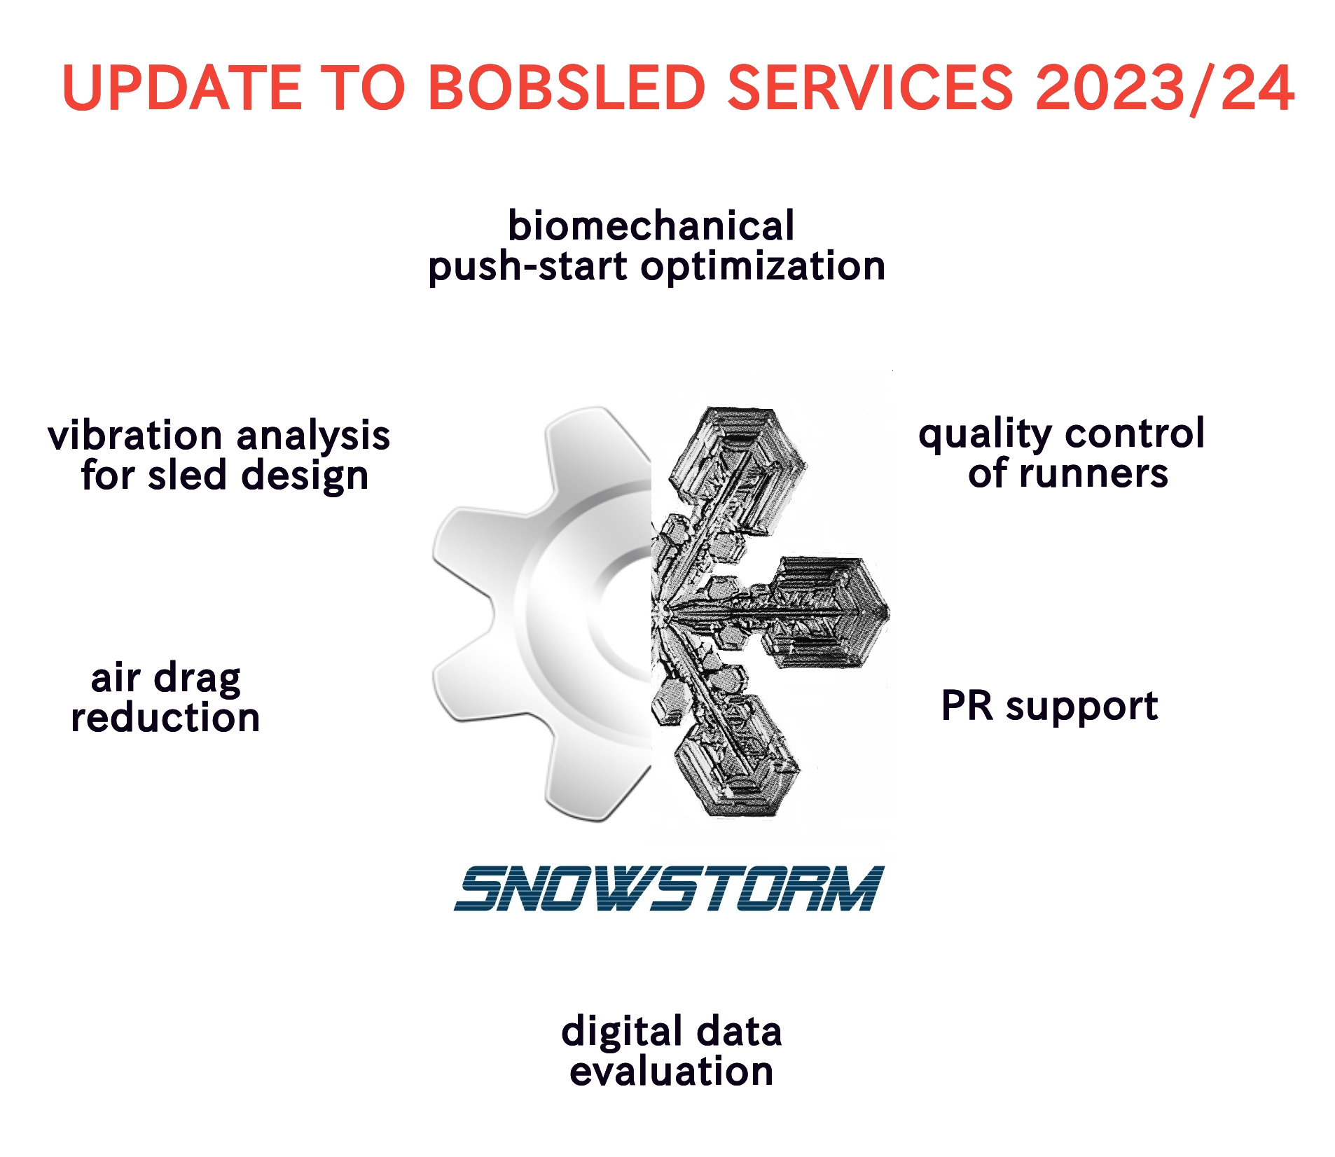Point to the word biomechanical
(651, 226)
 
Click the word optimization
(763, 267)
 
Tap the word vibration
(135, 436)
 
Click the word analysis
(314, 437)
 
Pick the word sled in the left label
(187, 475)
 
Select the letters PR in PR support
(967, 705)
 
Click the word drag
(198, 679)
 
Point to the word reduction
(165, 718)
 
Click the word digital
(623, 1032)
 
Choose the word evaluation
(671, 1072)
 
